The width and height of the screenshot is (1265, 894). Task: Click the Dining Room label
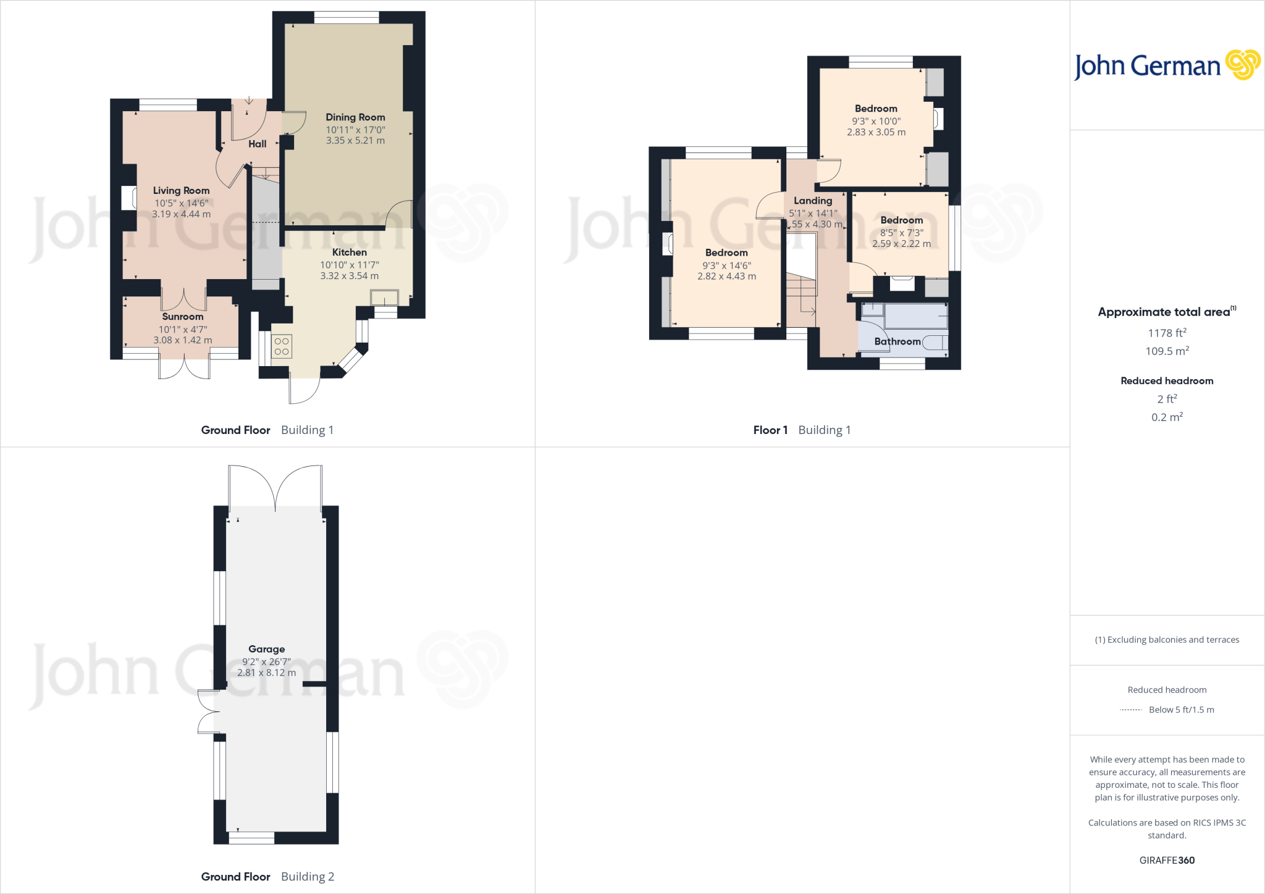tap(355, 117)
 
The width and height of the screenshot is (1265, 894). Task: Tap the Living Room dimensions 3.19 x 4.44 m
tap(181, 214)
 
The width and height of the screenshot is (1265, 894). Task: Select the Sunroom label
tap(182, 317)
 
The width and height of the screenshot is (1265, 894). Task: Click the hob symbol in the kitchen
tap(282, 346)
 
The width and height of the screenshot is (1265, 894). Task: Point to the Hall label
tap(257, 144)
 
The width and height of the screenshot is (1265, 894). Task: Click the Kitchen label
tap(349, 253)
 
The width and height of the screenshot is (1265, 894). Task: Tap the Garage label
tap(266, 649)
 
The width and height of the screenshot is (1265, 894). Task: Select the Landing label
tap(812, 201)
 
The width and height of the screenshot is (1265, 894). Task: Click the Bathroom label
tap(897, 341)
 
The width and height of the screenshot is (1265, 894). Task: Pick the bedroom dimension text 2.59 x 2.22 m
tap(901, 244)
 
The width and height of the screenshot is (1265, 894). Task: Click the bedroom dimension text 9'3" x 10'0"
tap(876, 122)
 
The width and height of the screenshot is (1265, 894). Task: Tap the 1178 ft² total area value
tap(1167, 333)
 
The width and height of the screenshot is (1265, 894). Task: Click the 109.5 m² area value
tap(1167, 351)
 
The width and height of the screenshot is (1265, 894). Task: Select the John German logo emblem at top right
tap(1242, 65)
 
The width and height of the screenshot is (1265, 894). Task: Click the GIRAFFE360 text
tap(1167, 860)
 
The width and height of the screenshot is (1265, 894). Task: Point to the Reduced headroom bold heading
tap(1167, 381)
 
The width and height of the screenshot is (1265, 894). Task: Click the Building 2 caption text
tap(307, 877)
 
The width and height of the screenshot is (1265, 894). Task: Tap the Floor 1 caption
tap(770, 430)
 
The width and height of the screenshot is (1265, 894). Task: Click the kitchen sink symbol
tap(384, 298)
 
